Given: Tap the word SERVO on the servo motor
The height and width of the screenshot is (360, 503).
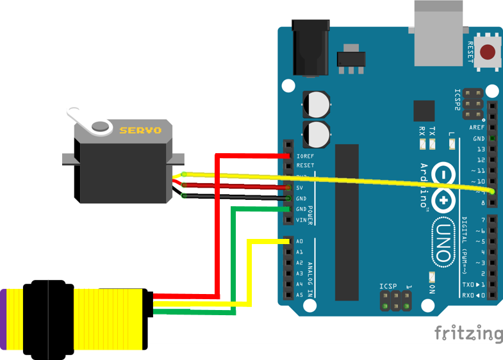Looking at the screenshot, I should pyautogui.click(x=140, y=130).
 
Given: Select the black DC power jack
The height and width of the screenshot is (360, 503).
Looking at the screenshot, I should pyautogui.click(x=310, y=47).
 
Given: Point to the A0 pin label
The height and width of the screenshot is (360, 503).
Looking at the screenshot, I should pyautogui.click(x=300, y=241).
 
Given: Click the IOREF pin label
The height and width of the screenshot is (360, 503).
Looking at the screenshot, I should pyautogui.click(x=304, y=156).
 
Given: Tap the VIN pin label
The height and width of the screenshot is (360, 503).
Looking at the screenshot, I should pyautogui.click(x=301, y=220).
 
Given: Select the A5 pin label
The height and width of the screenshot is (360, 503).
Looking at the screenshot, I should pyautogui.click(x=300, y=295).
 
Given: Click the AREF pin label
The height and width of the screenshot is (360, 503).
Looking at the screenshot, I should pyautogui.click(x=477, y=127).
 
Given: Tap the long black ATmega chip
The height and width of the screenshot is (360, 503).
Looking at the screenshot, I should pyautogui.click(x=347, y=222).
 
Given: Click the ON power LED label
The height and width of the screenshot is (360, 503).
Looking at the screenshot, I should pyautogui.click(x=431, y=289).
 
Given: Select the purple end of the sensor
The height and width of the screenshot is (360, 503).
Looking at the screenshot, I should pyautogui.click(x=3, y=319).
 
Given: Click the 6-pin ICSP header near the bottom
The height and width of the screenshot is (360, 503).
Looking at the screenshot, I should pyautogui.click(x=395, y=301).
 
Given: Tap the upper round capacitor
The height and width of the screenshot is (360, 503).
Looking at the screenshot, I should pyautogui.click(x=317, y=103).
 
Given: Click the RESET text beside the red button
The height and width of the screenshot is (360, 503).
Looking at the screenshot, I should pyautogui.click(x=470, y=52).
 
